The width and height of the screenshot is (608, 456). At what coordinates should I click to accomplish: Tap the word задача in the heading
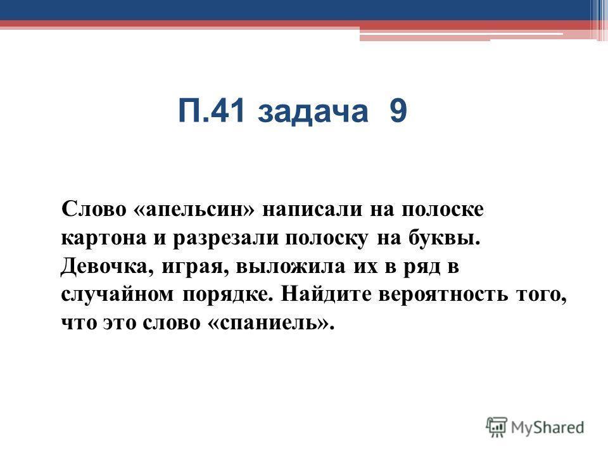point(312,113)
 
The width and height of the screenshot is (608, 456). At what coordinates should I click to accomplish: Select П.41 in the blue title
point(212,111)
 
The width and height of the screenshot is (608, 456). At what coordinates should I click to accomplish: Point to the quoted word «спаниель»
point(271,323)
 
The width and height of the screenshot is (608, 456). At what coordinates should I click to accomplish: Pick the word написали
point(312,210)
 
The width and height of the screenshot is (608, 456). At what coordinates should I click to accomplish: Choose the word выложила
point(291,267)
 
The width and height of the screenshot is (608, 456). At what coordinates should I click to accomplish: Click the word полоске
point(443,210)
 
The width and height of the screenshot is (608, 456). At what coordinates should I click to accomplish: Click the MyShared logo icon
point(497,427)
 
